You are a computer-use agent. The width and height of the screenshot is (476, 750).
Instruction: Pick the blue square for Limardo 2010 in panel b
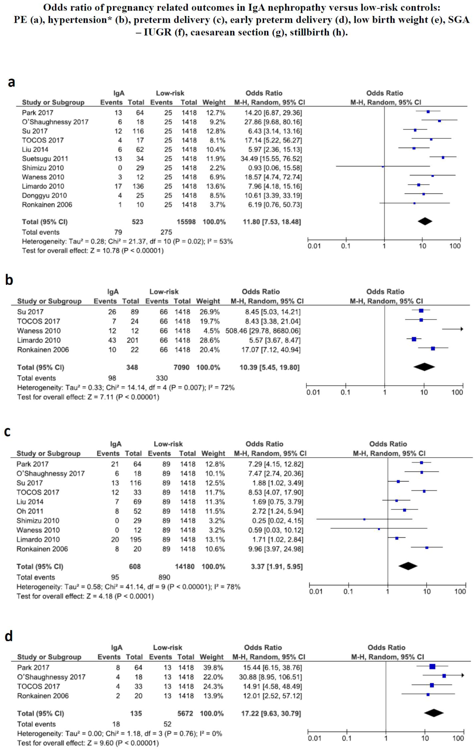pyautogui.click(x=414, y=339)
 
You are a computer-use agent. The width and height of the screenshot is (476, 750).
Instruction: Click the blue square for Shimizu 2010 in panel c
pyautogui.click(x=364, y=519)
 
